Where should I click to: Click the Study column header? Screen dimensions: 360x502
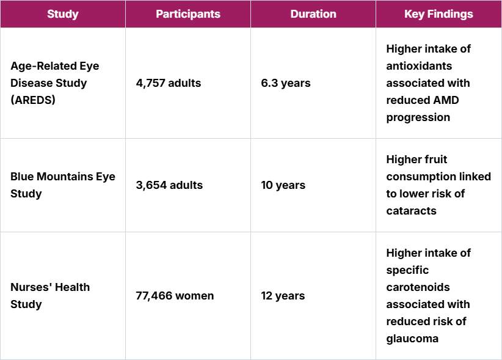click(x=63, y=14)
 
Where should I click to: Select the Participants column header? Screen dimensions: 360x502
click(x=188, y=14)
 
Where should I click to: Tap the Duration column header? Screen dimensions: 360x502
click(x=313, y=14)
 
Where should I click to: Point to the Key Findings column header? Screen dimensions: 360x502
click(x=438, y=14)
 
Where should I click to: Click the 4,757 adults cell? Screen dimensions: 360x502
click(x=168, y=83)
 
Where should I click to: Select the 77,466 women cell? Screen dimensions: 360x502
click(x=175, y=296)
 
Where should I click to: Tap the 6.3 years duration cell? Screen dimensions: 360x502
click(x=285, y=83)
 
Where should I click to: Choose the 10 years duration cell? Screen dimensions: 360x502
click(x=283, y=185)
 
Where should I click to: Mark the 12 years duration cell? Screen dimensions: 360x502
click(x=283, y=296)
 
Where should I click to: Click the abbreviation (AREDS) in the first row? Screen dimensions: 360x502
click(x=33, y=100)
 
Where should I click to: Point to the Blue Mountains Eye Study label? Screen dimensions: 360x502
click(x=62, y=185)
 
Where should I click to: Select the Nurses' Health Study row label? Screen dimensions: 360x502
click(x=50, y=296)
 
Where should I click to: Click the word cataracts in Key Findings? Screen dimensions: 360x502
click(x=411, y=211)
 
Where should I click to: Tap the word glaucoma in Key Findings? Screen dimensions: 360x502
click(x=412, y=339)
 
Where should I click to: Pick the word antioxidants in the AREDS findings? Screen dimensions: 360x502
click(x=419, y=66)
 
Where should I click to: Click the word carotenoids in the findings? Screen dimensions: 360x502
click(x=418, y=287)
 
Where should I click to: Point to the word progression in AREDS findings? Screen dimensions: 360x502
click(x=418, y=117)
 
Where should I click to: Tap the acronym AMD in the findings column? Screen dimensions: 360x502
click(x=448, y=100)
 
